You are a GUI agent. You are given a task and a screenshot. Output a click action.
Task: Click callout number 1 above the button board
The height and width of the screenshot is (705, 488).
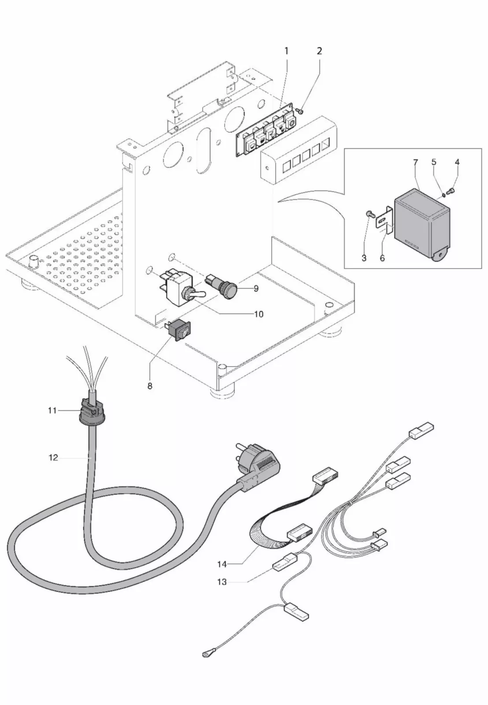(x=286, y=51)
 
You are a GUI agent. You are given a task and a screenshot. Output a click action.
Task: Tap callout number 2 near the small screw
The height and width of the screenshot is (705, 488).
(x=319, y=51)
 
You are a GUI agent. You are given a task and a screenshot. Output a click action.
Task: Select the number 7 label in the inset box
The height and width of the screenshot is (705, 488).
(x=415, y=163)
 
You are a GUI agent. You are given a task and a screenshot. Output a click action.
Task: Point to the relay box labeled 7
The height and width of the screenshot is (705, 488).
(x=421, y=223)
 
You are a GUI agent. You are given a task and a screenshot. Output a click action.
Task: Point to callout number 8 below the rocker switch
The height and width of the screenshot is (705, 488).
(x=150, y=386)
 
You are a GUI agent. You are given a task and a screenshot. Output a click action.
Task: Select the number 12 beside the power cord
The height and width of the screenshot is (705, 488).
(x=53, y=458)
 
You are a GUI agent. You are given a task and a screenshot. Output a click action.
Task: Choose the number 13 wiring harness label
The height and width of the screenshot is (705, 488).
(x=222, y=582)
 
